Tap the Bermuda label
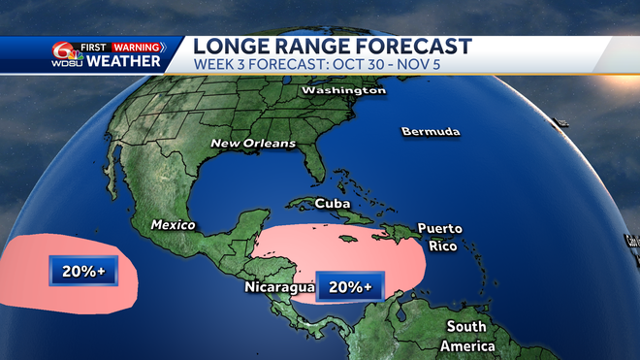pyautogui.click(x=431, y=131)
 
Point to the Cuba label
pyautogui.click(x=333, y=204)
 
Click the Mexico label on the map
pyautogui.click(x=173, y=225)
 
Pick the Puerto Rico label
pyautogui.click(x=439, y=237)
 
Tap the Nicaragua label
pyautogui.click(x=279, y=288)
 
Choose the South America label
pyautogui.click(x=467, y=336)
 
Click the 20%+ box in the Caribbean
pyautogui.click(x=350, y=286)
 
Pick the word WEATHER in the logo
pyautogui.click(x=123, y=62)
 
